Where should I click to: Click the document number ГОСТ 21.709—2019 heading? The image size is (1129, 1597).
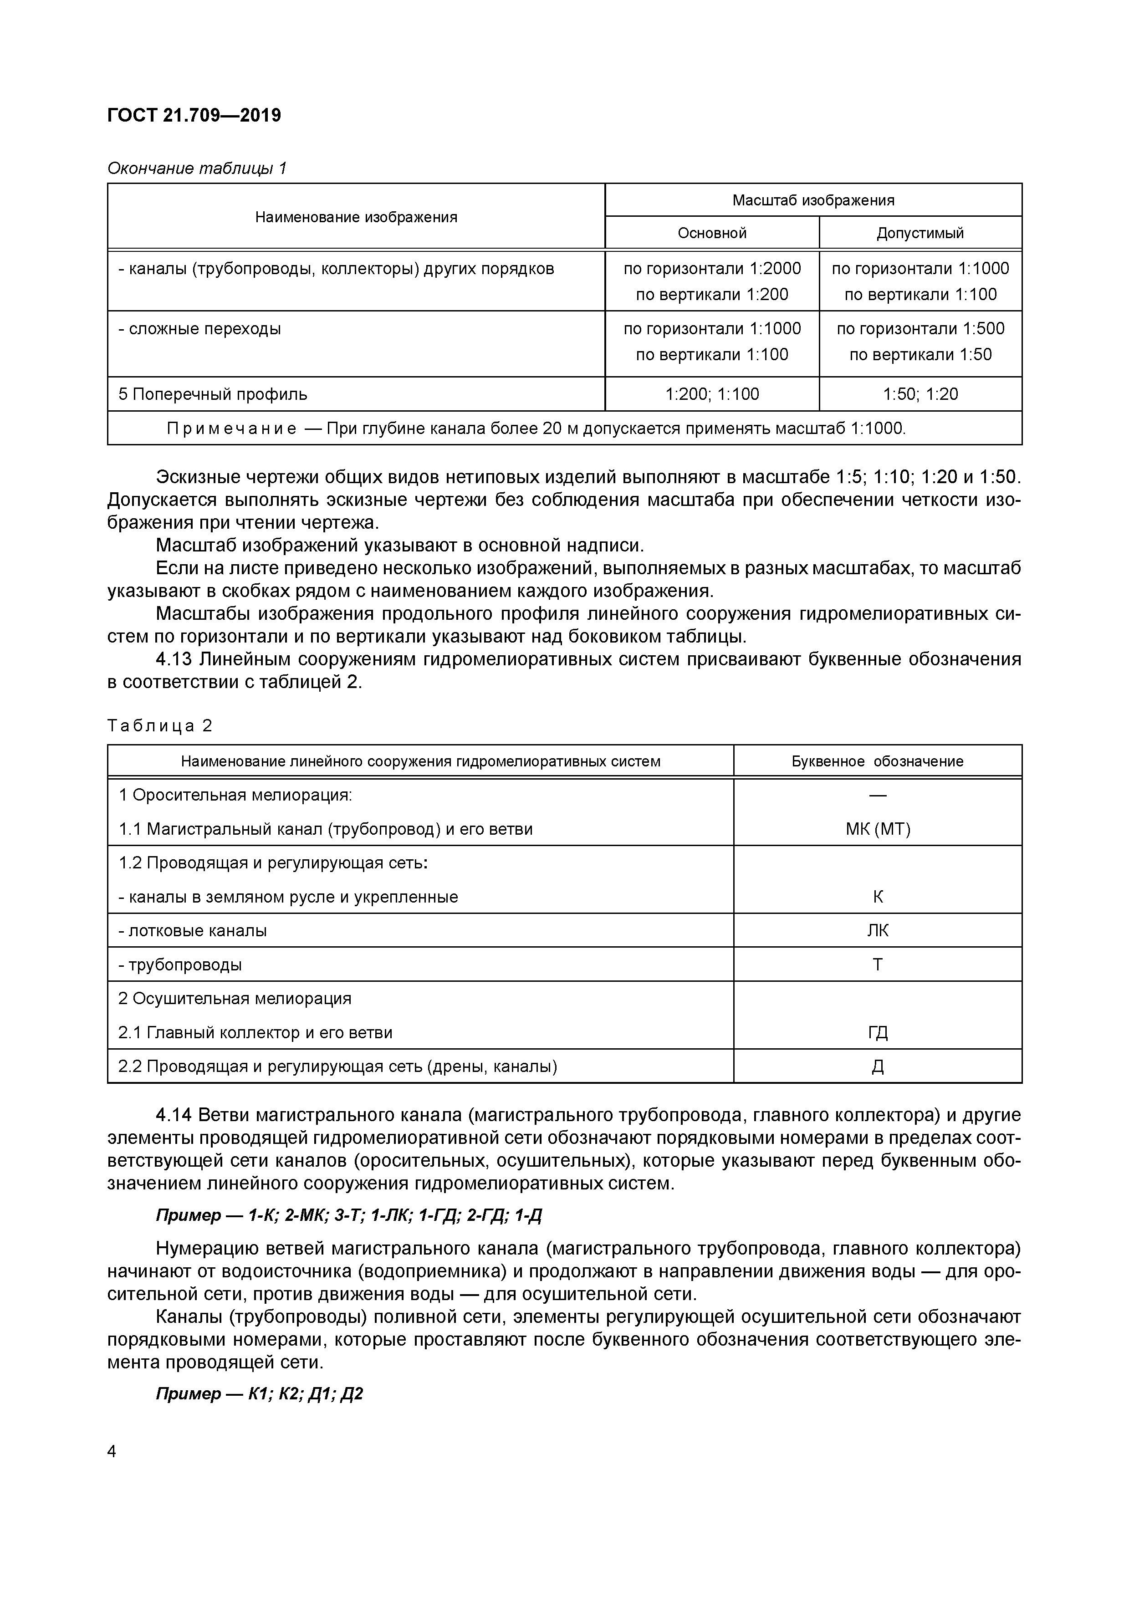194,115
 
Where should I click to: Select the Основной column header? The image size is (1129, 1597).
712,233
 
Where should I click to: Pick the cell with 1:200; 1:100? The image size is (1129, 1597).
712,394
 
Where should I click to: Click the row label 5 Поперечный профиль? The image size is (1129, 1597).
212,394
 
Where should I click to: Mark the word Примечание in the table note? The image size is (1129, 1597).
232,429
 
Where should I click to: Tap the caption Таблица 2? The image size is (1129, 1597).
159,726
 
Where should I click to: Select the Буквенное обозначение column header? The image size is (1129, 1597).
877,761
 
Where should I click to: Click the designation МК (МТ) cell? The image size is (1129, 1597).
877,829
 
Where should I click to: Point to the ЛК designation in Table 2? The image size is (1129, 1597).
877,931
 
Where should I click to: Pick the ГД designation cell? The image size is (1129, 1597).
877,1033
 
